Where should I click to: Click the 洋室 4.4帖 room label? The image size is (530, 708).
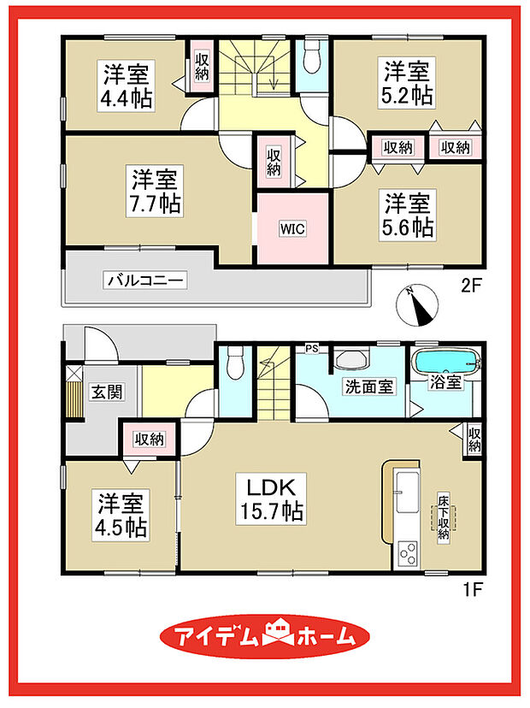129,85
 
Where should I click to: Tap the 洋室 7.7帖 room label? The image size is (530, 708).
155,192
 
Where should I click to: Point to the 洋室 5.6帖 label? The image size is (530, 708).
408,215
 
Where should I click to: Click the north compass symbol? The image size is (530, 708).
418,304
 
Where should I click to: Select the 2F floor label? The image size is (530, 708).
473,287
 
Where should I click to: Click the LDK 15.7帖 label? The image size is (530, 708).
272,500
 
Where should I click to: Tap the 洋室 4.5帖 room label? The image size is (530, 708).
119,512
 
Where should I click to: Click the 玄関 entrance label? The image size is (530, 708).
106,392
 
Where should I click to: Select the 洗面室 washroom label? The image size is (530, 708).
369,386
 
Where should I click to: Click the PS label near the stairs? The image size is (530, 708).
312,347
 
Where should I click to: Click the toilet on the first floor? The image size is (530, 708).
235,362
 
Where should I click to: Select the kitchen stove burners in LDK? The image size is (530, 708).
406,552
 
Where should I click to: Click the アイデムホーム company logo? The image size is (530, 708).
266,637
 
